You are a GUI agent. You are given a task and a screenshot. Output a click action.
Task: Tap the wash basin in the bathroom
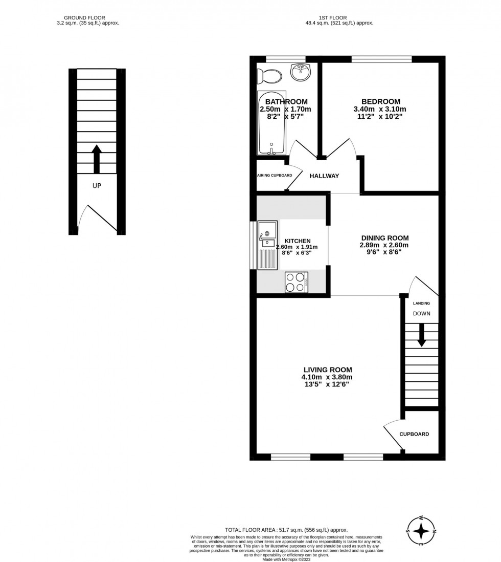pyautogui.click(x=301, y=72)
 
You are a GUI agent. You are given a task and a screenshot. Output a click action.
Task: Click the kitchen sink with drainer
pyautogui.click(x=267, y=245)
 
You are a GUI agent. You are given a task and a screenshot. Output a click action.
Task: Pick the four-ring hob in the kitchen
pyautogui.click(x=296, y=282)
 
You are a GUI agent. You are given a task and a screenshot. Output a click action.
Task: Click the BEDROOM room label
pyautogui.click(x=380, y=101)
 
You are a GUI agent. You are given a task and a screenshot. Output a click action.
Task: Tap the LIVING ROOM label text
pyautogui.click(x=327, y=370)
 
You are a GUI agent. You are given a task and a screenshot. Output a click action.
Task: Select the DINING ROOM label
pyautogui.click(x=384, y=237)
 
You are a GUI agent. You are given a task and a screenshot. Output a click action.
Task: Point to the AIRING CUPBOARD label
pyautogui.click(x=275, y=176)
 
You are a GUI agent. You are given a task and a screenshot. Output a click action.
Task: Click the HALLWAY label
pyautogui.click(x=324, y=176)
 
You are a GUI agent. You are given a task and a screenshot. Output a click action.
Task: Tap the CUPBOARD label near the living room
pyautogui.click(x=414, y=434)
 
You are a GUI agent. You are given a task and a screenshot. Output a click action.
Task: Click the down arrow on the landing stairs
pyautogui.click(x=421, y=336)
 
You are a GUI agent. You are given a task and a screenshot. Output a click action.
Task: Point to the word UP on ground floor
pyautogui.click(x=97, y=186)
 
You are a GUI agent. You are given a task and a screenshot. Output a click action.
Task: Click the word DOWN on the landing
pyautogui.click(x=421, y=313)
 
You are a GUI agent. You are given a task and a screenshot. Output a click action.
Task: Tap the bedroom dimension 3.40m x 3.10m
pyautogui.click(x=379, y=109)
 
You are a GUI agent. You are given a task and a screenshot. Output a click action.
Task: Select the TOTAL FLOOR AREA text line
pyautogui.click(x=286, y=530)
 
